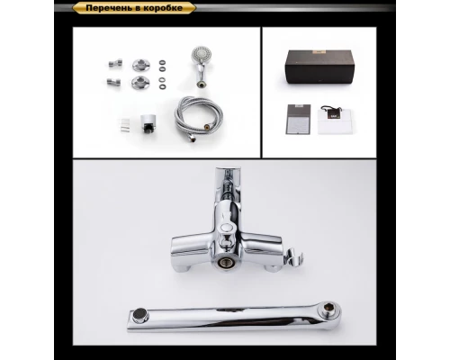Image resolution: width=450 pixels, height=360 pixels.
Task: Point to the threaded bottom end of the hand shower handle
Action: (x=201, y=84)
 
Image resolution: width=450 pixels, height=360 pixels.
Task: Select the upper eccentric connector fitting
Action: (x=115, y=63)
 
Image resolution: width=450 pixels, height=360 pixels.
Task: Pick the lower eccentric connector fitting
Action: (x=113, y=82)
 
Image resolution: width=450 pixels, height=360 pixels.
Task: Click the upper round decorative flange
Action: (x=139, y=65)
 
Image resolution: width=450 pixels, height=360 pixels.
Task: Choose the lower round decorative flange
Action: (x=139, y=82)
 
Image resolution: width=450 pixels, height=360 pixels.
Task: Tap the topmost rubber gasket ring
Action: (x=162, y=62)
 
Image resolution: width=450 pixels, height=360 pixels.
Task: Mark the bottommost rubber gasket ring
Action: (x=162, y=86)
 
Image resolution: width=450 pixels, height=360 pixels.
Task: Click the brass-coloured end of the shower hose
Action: (x=207, y=126)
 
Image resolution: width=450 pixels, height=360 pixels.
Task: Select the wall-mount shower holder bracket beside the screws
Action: (x=146, y=123)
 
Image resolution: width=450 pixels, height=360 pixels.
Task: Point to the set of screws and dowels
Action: (x=125, y=125)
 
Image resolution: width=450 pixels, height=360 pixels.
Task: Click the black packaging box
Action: (x=319, y=67)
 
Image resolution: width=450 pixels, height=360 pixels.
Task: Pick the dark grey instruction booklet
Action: (x=299, y=120)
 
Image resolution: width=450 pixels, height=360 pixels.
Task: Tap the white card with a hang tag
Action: (x=334, y=120)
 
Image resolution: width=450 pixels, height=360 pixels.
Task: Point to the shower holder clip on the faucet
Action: (x=293, y=256)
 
